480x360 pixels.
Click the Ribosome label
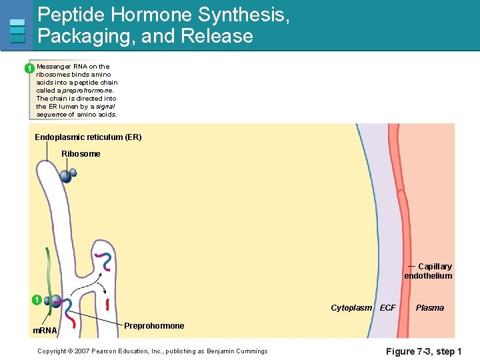81,154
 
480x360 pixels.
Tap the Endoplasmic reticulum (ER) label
88,137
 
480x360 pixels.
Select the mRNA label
45,331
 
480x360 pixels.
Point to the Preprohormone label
154,326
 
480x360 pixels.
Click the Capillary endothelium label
429,271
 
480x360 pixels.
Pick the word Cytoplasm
351,308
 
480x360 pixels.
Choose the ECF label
387,308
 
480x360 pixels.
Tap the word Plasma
429,308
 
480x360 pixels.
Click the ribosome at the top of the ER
67,175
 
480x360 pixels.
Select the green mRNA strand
47,273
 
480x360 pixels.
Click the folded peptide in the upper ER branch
103,261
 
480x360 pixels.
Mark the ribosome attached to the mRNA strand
54,301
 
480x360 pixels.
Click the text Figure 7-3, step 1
424,351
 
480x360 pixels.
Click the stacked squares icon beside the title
18,31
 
